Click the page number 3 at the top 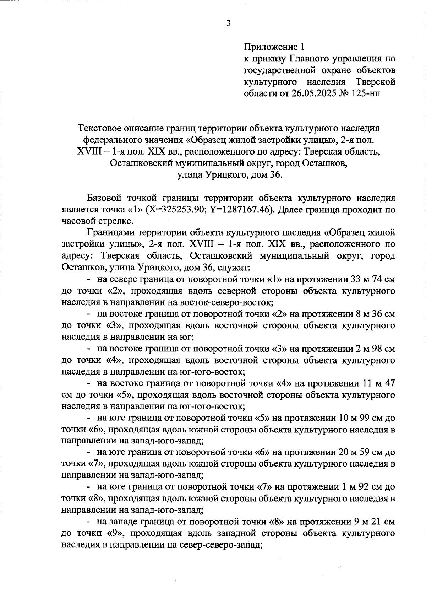[228, 23]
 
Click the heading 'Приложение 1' [274, 47]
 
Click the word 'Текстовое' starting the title [100, 128]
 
